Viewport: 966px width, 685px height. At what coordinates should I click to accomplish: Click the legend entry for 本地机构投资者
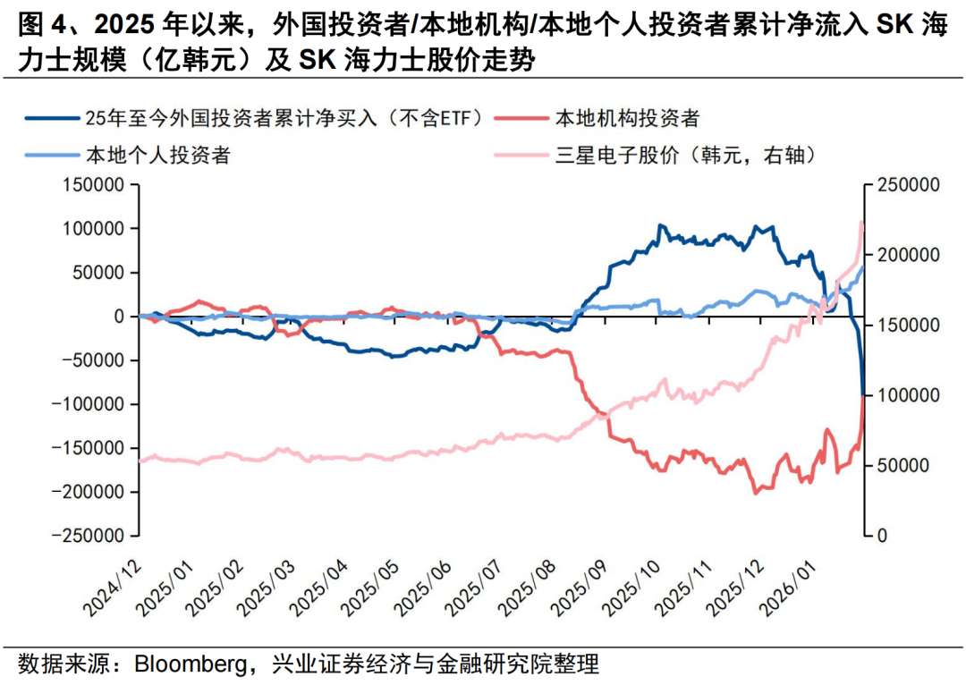pyautogui.click(x=626, y=117)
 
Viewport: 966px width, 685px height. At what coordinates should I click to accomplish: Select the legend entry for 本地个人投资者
pyautogui.click(x=157, y=156)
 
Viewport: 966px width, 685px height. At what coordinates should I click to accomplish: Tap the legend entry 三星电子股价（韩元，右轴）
pyautogui.click(x=683, y=156)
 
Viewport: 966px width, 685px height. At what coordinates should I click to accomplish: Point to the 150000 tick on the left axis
pyautogui.click(x=92, y=185)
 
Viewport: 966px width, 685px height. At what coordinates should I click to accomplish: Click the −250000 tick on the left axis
pyautogui.click(x=88, y=536)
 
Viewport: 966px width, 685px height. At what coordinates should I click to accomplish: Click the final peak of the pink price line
pyautogui.click(x=861, y=222)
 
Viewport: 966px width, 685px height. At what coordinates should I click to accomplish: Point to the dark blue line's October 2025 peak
pyautogui.click(x=661, y=226)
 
